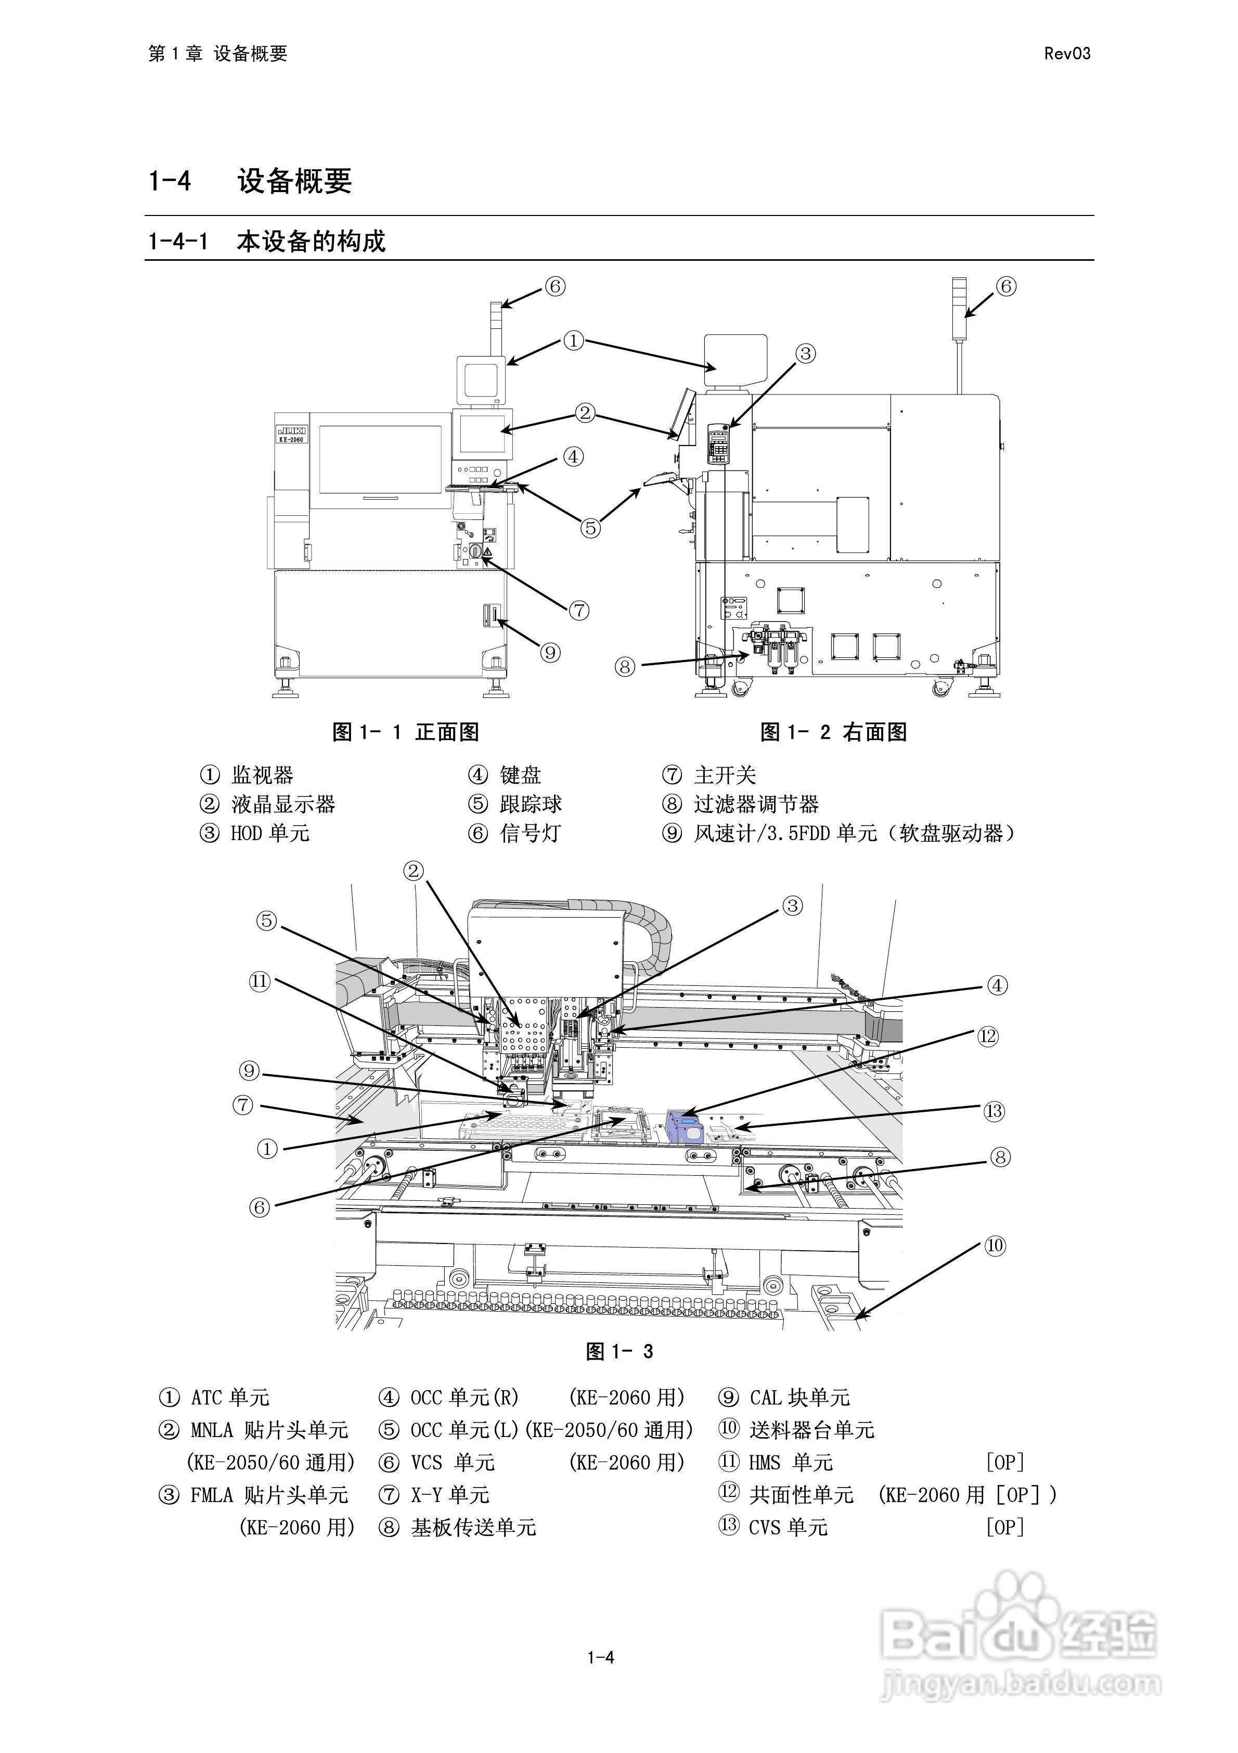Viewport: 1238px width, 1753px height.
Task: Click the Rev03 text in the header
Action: click(1066, 54)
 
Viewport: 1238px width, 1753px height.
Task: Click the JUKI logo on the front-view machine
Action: click(292, 430)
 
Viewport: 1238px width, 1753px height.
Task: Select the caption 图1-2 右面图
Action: click(833, 732)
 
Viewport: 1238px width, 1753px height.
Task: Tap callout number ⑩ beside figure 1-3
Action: click(995, 1246)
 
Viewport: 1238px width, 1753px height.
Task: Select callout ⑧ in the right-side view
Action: click(624, 667)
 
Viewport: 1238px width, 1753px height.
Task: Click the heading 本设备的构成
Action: click(311, 242)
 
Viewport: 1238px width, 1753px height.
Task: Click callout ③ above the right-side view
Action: click(806, 353)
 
